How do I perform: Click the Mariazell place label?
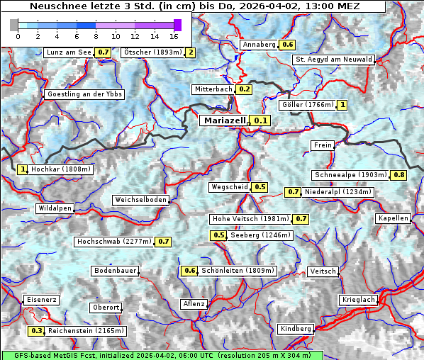click(x=224, y=120)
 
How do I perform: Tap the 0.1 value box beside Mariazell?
click(x=262, y=121)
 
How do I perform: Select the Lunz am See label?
click(x=69, y=52)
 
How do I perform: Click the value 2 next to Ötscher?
click(x=190, y=52)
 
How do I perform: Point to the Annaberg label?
click(x=259, y=45)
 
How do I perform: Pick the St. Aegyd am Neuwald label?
click(x=333, y=60)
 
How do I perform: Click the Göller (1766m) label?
click(x=307, y=105)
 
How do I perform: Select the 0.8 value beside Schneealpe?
click(x=399, y=175)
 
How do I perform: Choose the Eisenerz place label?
click(x=42, y=300)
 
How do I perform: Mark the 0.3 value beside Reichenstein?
click(x=37, y=331)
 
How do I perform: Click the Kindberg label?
click(x=296, y=329)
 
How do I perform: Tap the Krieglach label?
click(x=358, y=300)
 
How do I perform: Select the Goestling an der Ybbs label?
click(x=84, y=94)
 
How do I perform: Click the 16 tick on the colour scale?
click(x=174, y=35)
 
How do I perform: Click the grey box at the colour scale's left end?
click(x=14, y=25)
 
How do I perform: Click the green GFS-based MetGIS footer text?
click(x=162, y=355)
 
